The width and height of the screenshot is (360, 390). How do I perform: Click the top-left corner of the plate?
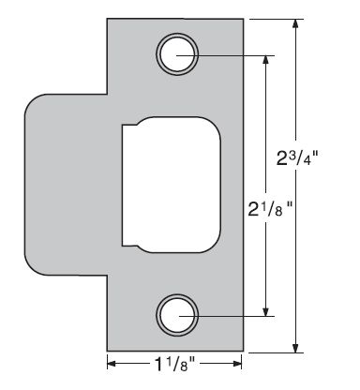pos(108,19)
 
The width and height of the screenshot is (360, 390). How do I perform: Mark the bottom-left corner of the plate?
pos(108,352)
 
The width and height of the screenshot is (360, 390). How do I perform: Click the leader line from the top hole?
pos(234,55)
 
